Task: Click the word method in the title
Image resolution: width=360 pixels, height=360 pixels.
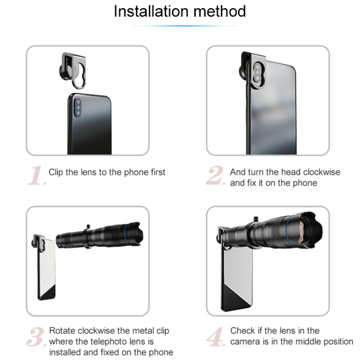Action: point(220,11)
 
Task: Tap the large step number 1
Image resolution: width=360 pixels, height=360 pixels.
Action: point(37,175)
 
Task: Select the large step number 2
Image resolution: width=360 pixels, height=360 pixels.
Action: point(216,175)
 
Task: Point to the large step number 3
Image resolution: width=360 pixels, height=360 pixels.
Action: point(36,336)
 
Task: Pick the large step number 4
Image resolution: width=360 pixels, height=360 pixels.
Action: point(216,336)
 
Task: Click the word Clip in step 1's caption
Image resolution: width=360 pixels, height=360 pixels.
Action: point(56,173)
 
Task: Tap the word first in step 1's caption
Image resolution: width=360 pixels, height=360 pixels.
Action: point(158,172)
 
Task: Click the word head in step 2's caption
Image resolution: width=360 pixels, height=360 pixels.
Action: point(291,172)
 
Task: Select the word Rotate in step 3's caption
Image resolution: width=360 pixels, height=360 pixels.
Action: point(62,331)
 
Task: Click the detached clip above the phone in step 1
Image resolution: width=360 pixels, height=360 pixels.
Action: point(72,70)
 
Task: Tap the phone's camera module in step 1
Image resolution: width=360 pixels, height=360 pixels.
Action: point(78,108)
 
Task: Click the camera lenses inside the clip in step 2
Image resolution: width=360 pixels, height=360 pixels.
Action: point(258,73)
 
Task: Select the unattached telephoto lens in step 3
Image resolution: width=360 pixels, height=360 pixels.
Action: point(100,236)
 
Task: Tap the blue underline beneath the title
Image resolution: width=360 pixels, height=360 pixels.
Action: point(184,26)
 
